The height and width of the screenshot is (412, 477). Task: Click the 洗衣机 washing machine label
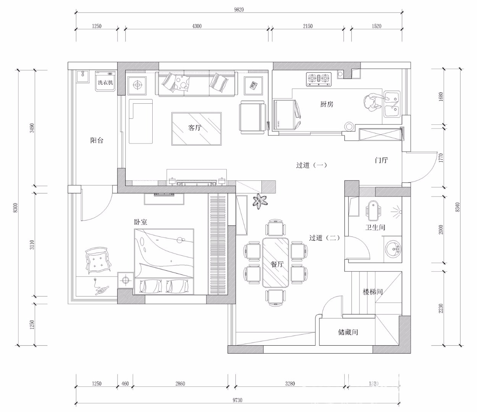pos(105,82)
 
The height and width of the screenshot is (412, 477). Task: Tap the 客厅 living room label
pos(195,127)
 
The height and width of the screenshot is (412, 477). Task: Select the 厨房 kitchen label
pos(327,104)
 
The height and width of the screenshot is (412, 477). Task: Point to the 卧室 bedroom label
pos(140,222)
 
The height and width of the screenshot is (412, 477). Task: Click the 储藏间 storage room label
pos(348,332)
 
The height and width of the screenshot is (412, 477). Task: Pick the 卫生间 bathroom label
pos(375,227)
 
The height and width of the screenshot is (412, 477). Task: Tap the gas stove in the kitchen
pos(319,79)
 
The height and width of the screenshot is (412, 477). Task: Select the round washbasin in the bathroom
pos(393,249)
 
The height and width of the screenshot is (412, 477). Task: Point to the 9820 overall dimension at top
pos(239,10)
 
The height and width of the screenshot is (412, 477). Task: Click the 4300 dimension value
pos(197,26)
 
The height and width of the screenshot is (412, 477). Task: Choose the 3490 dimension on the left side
pos(32,128)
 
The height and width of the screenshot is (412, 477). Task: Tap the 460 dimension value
pos(125,384)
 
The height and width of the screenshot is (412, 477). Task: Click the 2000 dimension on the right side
pos(441,230)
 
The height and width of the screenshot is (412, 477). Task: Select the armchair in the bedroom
pos(98,261)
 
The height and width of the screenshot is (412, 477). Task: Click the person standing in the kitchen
pos(372,102)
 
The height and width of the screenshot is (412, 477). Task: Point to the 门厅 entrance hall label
pos(382,160)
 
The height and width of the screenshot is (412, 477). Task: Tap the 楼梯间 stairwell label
pos(372,292)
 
